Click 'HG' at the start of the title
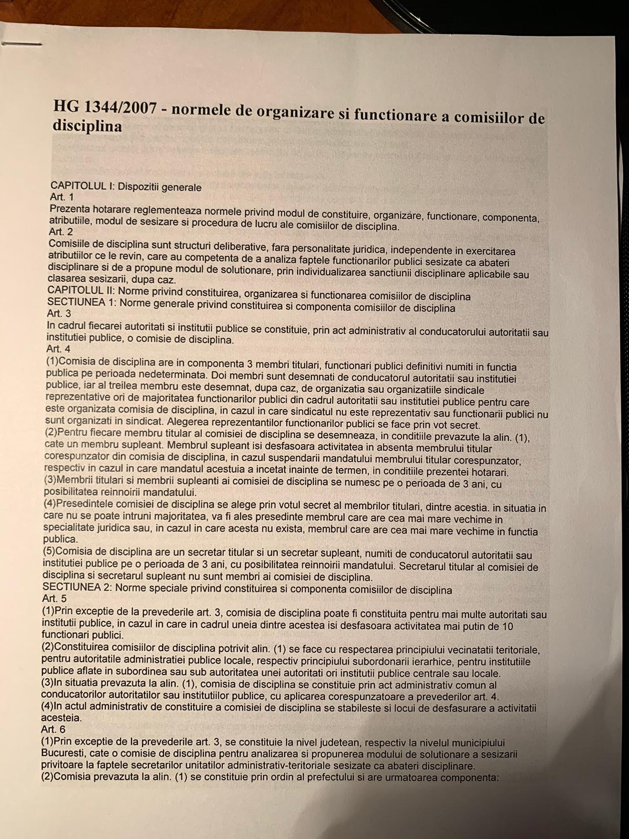tap(64, 105)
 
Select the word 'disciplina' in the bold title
tap(87, 126)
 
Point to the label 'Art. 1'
tap(61, 197)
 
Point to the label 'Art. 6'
tap(53, 729)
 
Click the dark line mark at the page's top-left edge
tap(21, 44)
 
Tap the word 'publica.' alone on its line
tap(60, 539)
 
